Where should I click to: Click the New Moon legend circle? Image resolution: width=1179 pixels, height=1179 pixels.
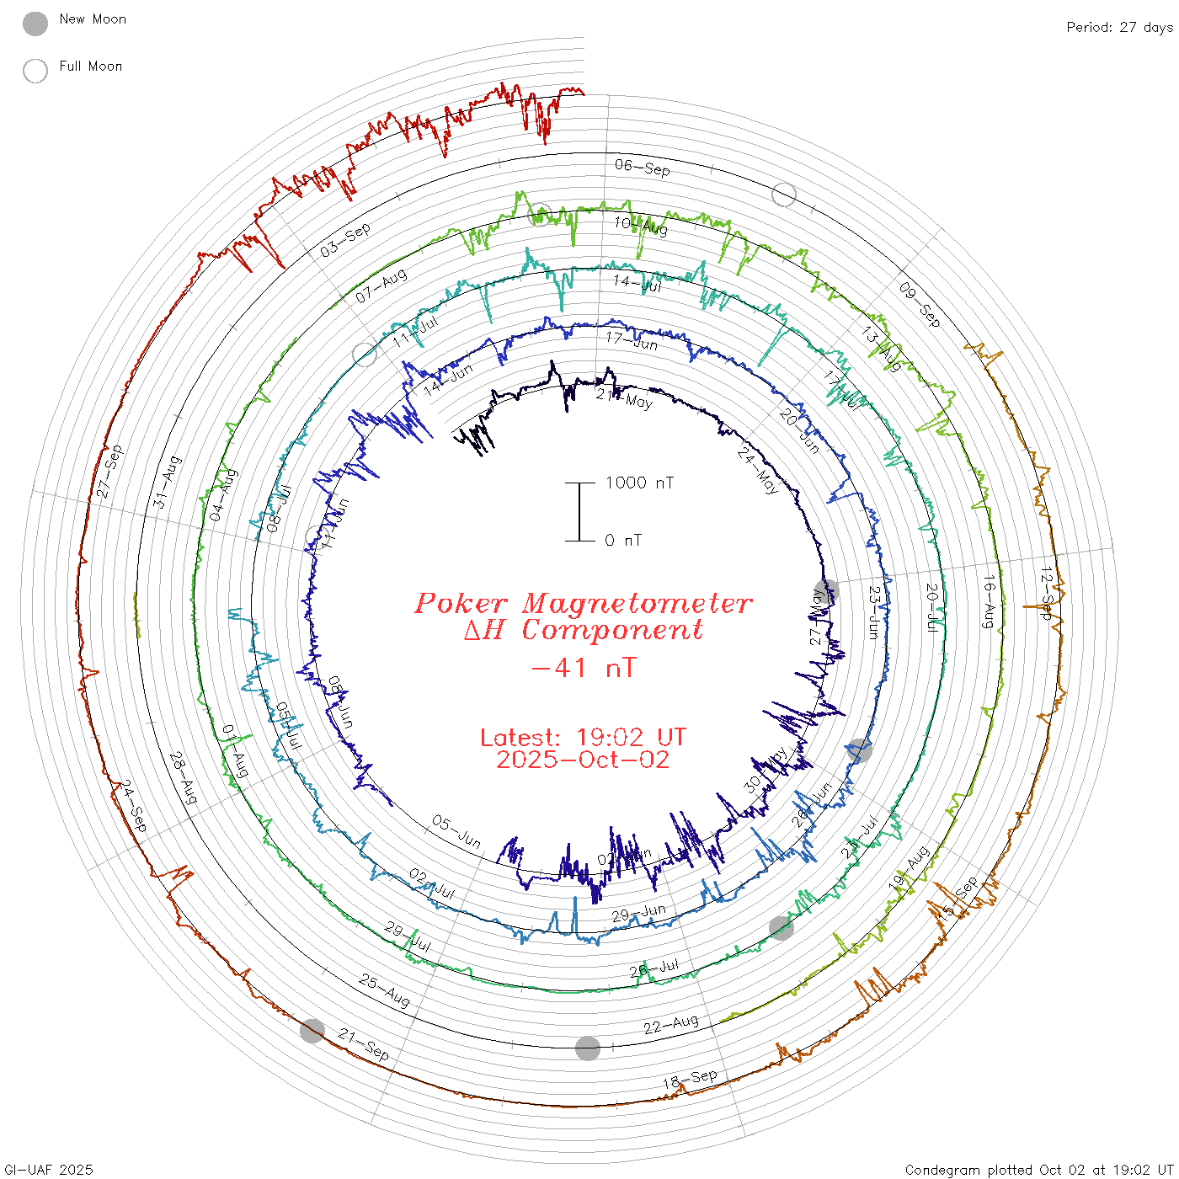pos(35,24)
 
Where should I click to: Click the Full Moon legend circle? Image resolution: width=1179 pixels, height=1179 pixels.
pos(35,72)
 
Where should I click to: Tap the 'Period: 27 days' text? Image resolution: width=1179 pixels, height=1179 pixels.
pos(1119,28)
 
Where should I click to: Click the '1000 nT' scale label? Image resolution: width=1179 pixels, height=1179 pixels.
pos(639,483)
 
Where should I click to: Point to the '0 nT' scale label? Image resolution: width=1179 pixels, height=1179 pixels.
pos(623,541)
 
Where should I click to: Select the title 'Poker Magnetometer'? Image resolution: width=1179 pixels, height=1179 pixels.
pos(583,603)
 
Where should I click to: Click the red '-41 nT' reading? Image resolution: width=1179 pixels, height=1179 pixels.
pos(584,668)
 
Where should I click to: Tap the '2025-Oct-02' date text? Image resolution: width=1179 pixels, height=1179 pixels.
pos(583,760)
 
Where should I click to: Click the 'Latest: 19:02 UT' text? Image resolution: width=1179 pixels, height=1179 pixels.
pos(583,738)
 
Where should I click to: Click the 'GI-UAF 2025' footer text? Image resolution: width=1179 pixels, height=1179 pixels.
pos(49,1170)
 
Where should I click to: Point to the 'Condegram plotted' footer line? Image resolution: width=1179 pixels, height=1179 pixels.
pos(1039,1170)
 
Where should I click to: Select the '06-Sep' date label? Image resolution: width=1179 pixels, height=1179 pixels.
pos(643,168)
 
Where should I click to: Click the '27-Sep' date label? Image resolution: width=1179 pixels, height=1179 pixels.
pos(109,472)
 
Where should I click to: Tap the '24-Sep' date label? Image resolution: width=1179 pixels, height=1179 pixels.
pos(133,806)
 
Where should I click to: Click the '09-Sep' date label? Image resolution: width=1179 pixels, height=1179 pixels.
pos(919,304)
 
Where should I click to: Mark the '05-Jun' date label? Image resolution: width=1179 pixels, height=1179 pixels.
pos(456,831)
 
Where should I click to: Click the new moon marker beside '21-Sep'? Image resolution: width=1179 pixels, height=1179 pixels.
pos(312,1030)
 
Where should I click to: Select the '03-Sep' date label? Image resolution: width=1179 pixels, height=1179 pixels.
pos(345,240)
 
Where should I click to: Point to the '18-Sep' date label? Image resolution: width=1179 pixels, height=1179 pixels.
pos(690,1079)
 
